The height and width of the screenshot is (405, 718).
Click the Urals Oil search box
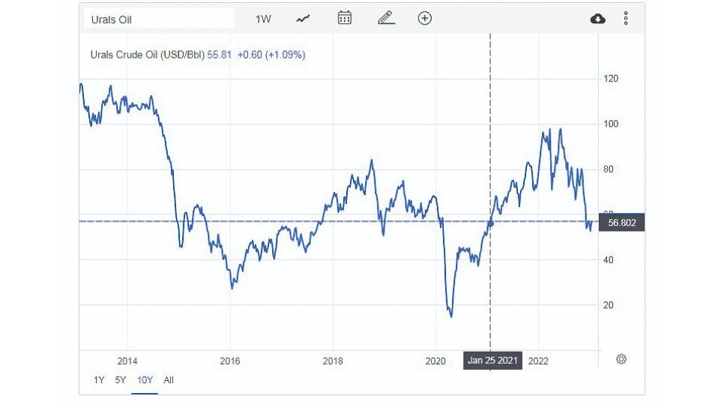point(157,19)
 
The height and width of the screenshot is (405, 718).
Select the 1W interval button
point(263,19)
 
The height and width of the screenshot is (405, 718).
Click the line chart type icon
point(304,19)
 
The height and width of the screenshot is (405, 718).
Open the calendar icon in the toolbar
point(345,18)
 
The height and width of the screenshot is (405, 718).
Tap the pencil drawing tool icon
point(386,18)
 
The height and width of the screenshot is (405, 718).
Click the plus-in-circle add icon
point(425,18)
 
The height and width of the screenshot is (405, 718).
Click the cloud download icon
point(598,19)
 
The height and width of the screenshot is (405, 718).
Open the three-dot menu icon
point(626,18)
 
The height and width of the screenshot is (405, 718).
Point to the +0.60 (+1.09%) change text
point(271,55)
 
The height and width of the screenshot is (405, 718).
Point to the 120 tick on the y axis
point(610,79)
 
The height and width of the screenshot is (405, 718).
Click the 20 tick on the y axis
point(608,305)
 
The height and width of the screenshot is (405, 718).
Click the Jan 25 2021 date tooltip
point(492,361)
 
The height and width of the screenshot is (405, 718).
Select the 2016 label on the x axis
point(229,361)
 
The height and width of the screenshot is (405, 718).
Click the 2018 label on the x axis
point(333,361)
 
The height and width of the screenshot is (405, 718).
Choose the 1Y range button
point(99,380)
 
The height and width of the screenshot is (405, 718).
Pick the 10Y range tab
point(145,380)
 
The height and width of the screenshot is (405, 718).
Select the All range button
point(169,380)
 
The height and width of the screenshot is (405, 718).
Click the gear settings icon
point(621,359)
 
